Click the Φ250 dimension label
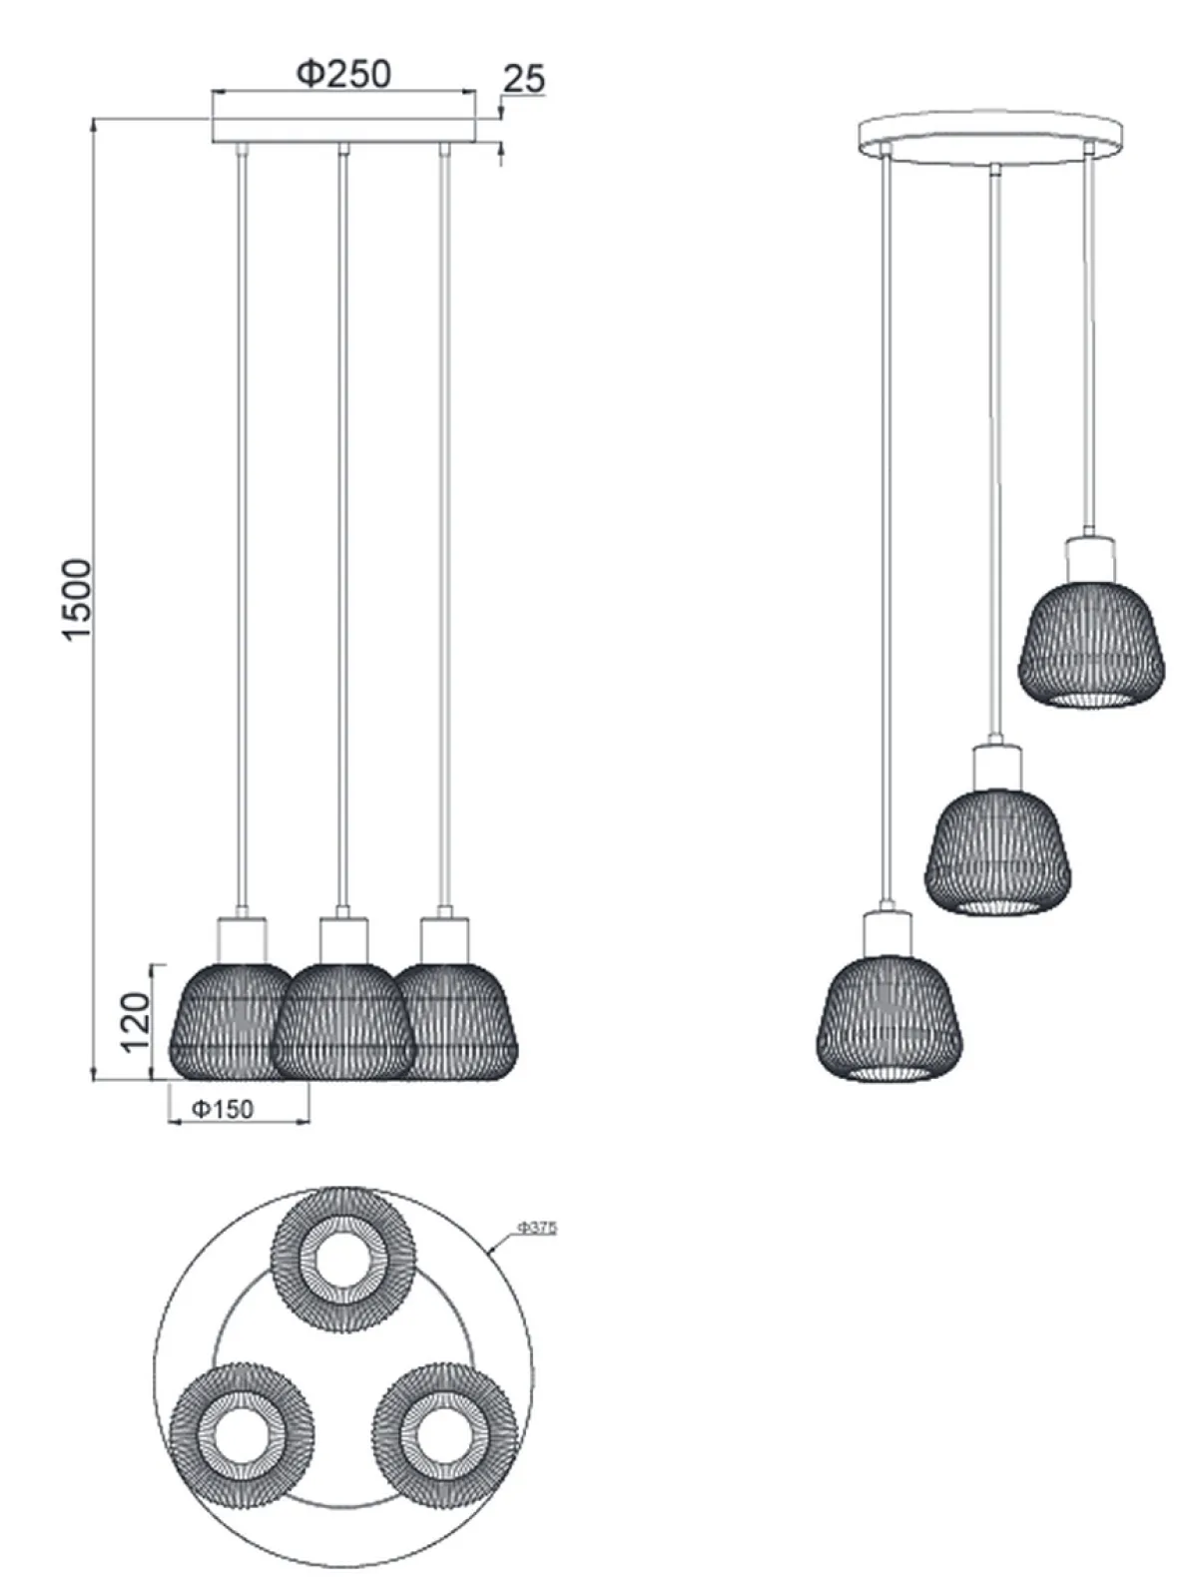pos(343,74)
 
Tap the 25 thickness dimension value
pos(524,78)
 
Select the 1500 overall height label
pos(78,600)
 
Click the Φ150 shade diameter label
pos(223,1109)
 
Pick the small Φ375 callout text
pos(537,1228)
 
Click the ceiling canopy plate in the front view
pos(343,131)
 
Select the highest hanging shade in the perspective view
pos(1091,647)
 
